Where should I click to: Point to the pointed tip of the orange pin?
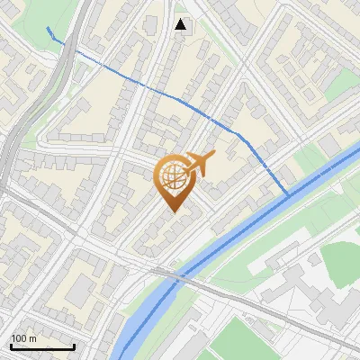click(x=173, y=212)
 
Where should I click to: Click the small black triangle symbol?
click(x=182, y=24)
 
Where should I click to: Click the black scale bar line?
click(x=42, y=346)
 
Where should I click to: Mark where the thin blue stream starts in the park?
click(x=46, y=28)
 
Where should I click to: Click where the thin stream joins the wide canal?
click(x=287, y=194)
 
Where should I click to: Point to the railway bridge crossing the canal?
click(x=171, y=274)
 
